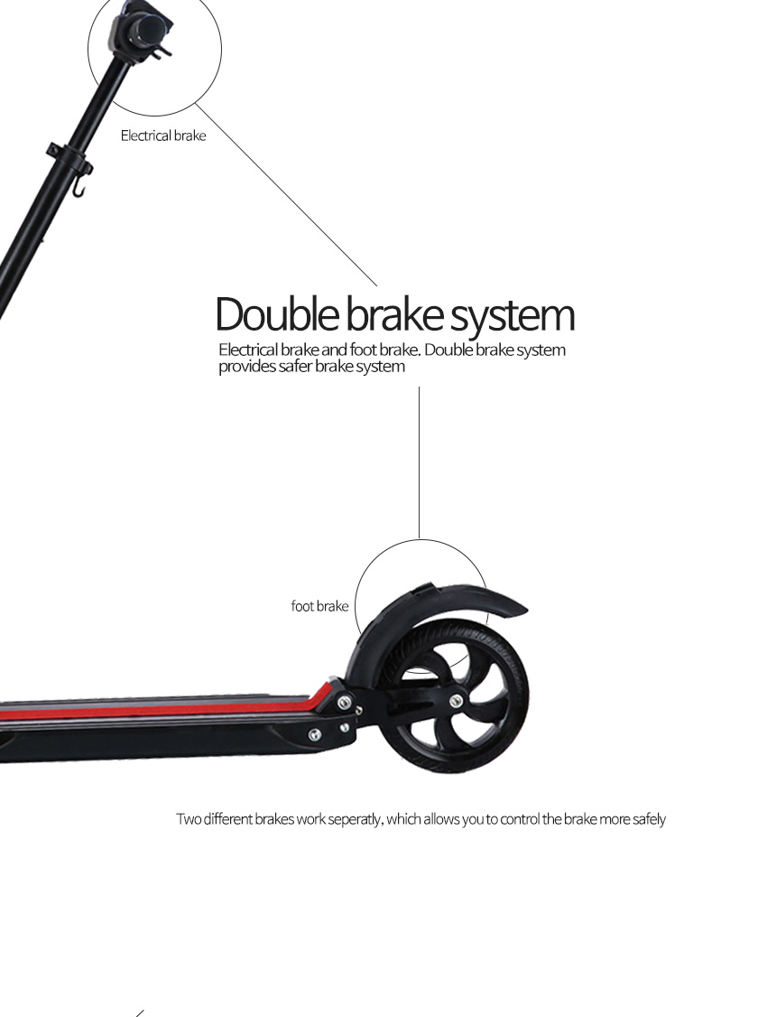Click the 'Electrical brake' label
pyautogui.click(x=163, y=136)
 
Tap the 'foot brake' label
pyautogui.click(x=319, y=606)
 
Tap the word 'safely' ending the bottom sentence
pyautogui.click(x=647, y=819)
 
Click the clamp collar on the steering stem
pyautogui.click(x=69, y=157)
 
